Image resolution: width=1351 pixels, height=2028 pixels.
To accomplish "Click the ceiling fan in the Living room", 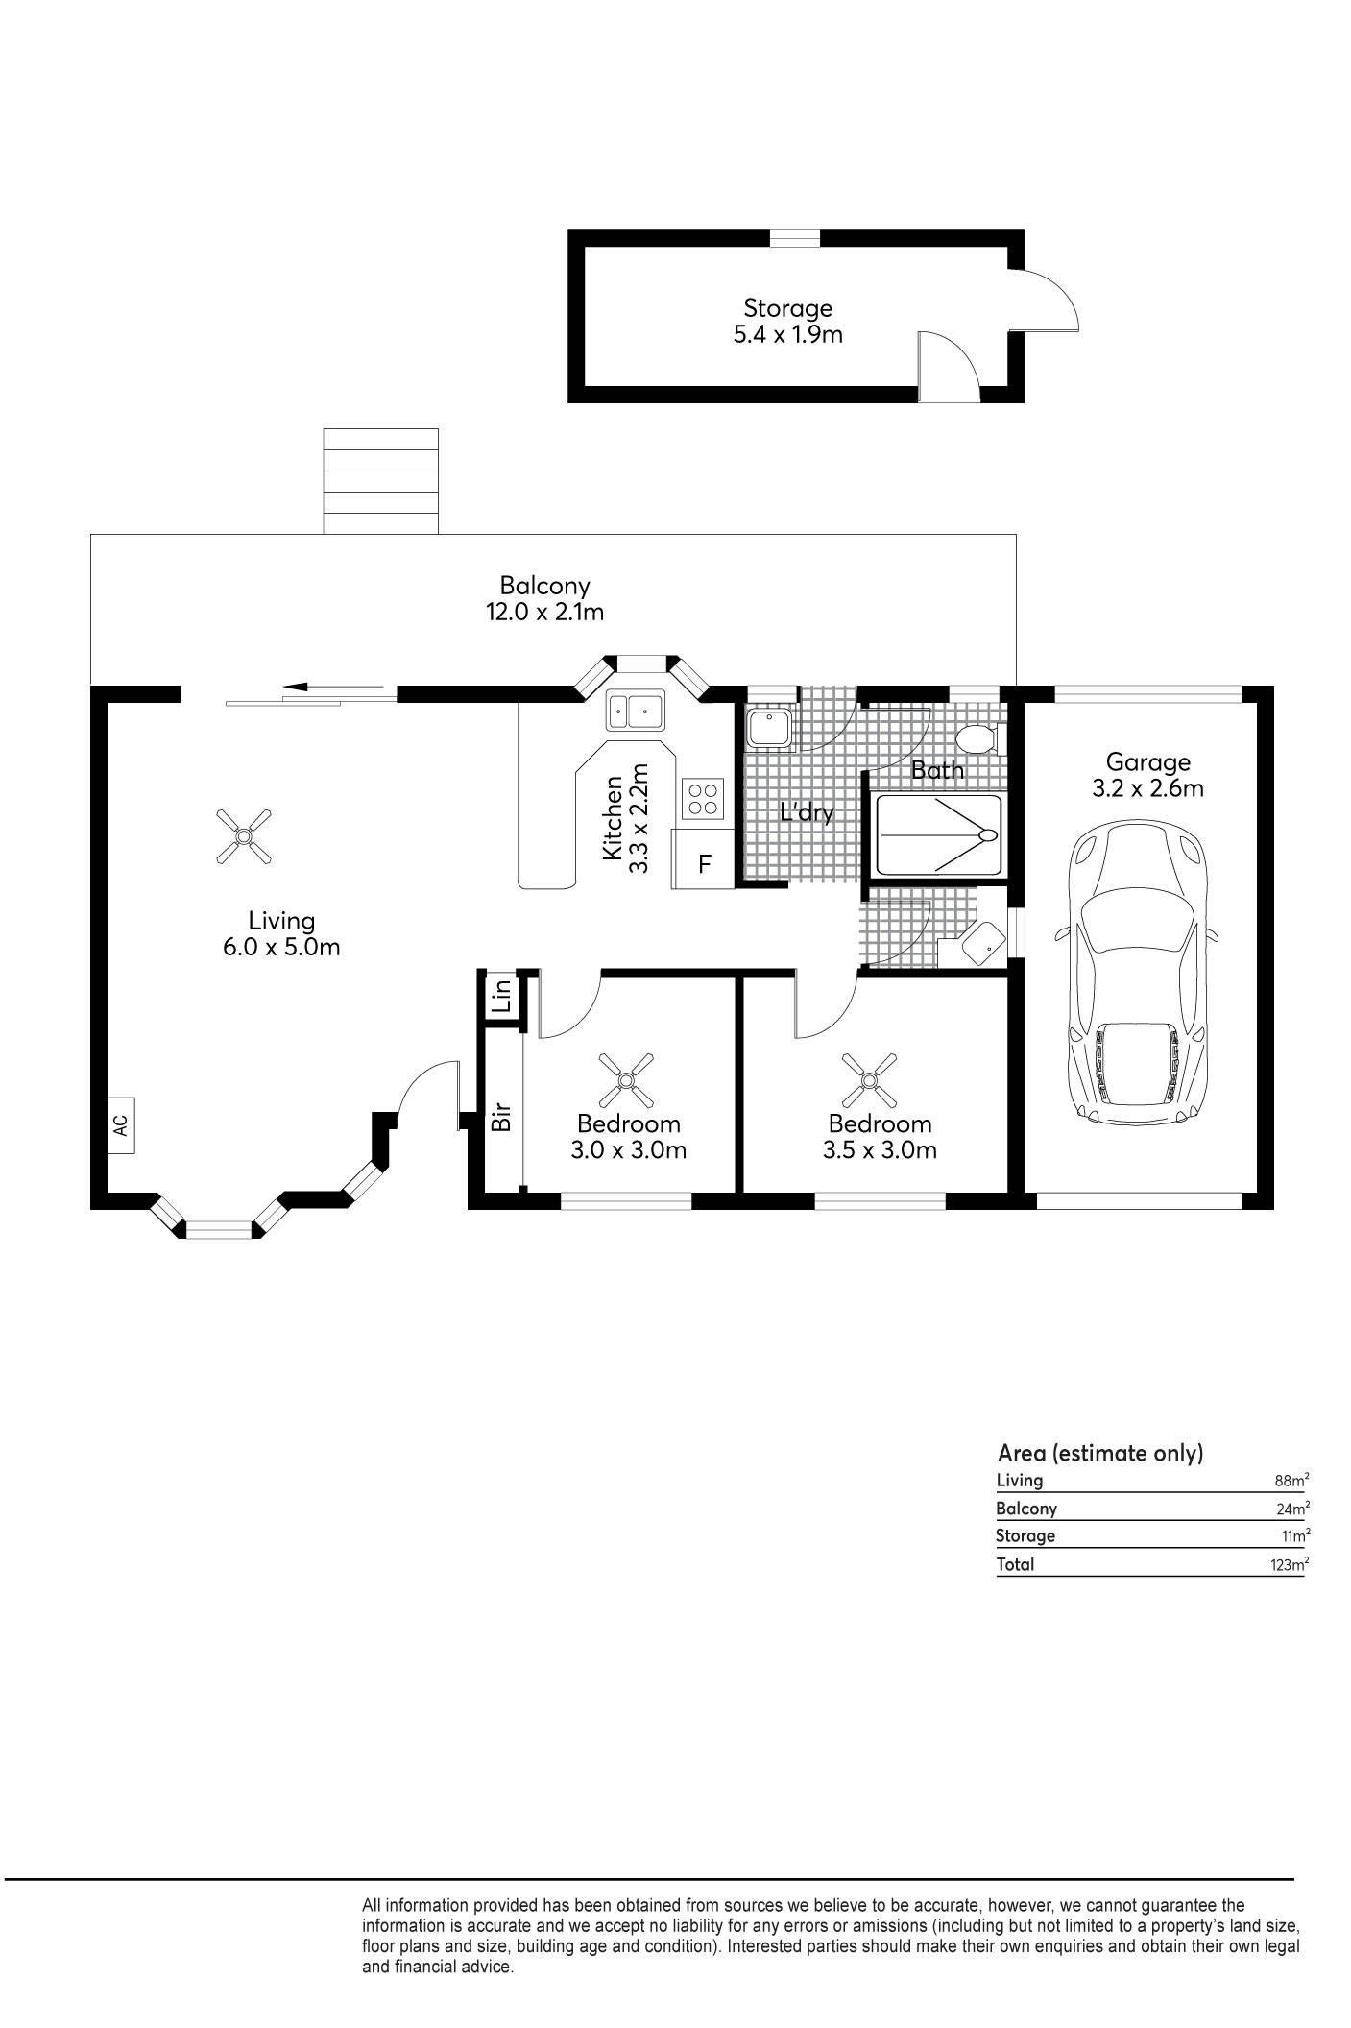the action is (x=243, y=835).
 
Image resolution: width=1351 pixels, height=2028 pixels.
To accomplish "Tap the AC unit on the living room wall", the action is (x=120, y=1124).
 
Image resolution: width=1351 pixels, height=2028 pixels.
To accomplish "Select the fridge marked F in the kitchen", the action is (x=704, y=863).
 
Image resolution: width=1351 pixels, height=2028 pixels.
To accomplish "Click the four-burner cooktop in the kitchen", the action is (x=704, y=796).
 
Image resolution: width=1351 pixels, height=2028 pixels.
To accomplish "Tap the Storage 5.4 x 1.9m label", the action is (x=787, y=321).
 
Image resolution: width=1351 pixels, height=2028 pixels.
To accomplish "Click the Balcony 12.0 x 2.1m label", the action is (x=544, y=597).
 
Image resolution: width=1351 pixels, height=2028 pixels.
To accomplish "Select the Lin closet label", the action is (x=501, y=998).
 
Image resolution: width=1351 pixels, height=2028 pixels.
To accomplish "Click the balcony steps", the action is (x=381, y=481).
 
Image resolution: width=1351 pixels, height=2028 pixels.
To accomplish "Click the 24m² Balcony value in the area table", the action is (x=1291, y=1509).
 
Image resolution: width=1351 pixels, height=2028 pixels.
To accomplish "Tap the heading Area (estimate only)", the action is (x=1100, y=1454).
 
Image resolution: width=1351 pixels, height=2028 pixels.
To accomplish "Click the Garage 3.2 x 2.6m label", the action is (x=1148, y=775).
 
